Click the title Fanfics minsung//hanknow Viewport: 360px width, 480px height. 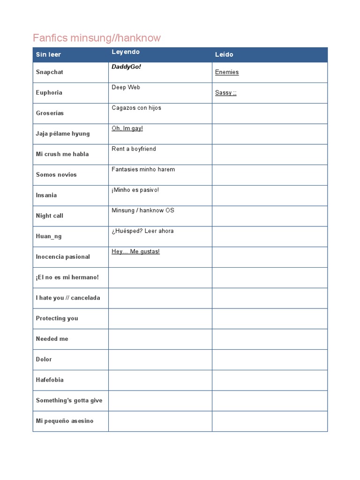point(97,38)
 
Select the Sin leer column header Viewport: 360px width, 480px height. point(48,54)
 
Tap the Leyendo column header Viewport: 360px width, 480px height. point(126,52)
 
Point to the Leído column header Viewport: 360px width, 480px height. point(224,54)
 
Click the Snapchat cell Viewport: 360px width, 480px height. point(49,72)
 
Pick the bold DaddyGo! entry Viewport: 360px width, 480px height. point(126,67)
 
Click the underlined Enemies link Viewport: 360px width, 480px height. point(227,72)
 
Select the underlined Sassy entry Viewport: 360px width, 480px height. point(225,93)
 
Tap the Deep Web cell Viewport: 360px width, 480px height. point(126,87)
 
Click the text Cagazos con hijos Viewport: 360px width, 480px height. point(136,108)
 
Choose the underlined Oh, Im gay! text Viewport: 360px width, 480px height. point(127,128)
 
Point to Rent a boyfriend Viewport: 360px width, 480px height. point(134,149)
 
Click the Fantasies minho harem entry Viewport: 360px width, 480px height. point(143,169)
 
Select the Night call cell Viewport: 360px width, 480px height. point(49,216)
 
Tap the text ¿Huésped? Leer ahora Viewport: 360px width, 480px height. point(142,231)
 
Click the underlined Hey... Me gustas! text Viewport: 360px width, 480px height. point(135,252)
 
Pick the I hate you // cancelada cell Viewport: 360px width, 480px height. point(68,298)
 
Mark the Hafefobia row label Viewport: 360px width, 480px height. point(50,380)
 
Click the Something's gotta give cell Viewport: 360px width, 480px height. point(69,400)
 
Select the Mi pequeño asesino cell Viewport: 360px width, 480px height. point(65,421)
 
